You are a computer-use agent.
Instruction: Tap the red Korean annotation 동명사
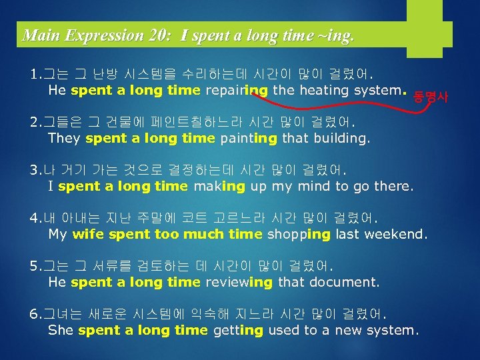pyautogui.click(x=431, y=97)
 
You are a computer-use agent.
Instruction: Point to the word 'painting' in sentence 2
pyautogui.click(x=247, y=138)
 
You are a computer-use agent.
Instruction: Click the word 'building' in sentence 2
pyautogui.click(x=339, y=138)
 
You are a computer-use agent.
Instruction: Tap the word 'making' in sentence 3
pyautogui.click(x=219, y=186)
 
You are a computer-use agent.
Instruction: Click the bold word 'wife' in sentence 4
pyautogui.click(x=88, y=234)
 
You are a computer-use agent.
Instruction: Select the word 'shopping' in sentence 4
pyautogui.click(x=299, y=234)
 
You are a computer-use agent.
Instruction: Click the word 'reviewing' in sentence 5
pyautogui.click(x=239, y=282)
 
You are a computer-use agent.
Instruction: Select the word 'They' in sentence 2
pyautogui.click(x=64, y=138)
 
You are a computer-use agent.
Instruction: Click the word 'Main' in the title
pyautogui.click(x=38, y=35)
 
